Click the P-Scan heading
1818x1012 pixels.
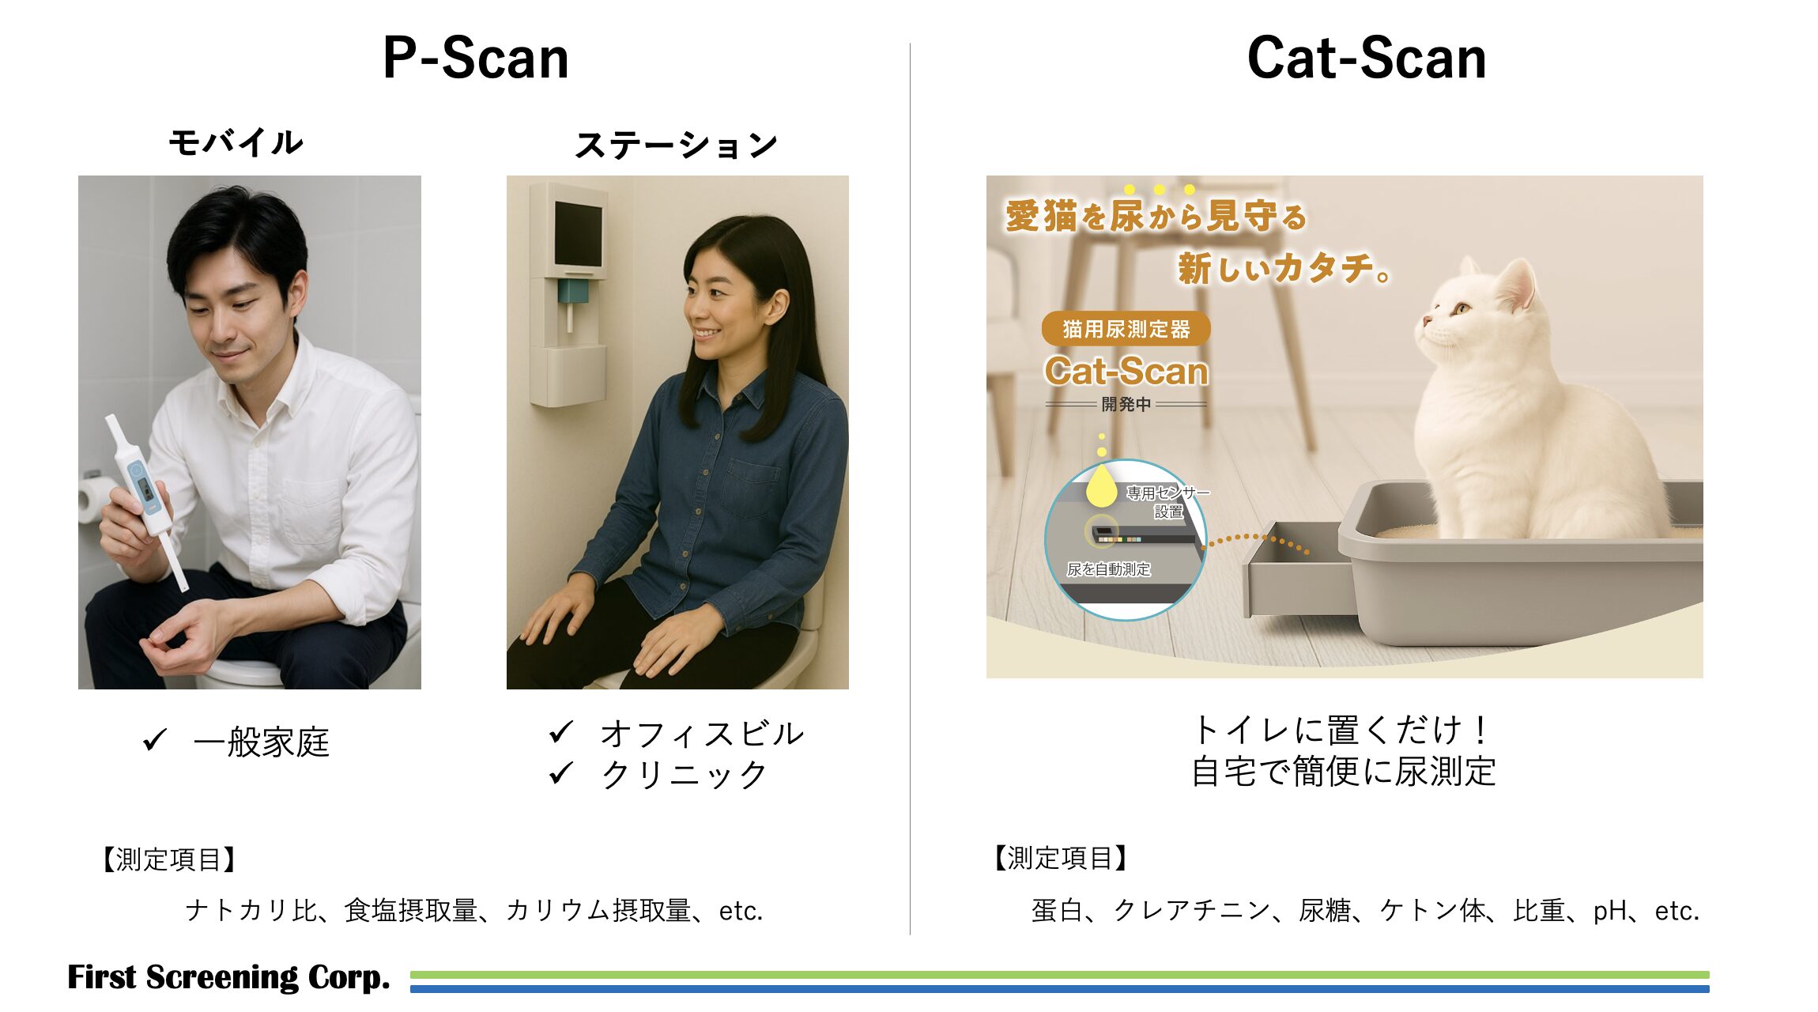point(475,59)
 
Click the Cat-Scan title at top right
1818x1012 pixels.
point(1366,59)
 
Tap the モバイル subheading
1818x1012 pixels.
point(236,142)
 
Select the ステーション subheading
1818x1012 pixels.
point(676,145)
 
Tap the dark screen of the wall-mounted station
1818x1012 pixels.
point(578,233)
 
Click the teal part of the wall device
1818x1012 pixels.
point(573,291)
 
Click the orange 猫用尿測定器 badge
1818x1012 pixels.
point(1126,329)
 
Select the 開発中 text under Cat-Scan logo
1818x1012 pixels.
point(1126,405)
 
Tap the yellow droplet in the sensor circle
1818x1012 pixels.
point(1100,485)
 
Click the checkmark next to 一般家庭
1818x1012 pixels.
point(155,740)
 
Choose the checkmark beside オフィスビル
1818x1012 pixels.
point(560,732)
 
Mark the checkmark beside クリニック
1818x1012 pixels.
point(560,772)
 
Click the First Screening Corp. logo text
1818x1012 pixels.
point(228,977)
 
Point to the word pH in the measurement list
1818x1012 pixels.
point(1609,911)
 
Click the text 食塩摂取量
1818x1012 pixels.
point(411,911)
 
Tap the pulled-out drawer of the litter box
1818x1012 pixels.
point(1296,573)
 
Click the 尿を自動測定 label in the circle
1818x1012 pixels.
point(1108,569)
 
